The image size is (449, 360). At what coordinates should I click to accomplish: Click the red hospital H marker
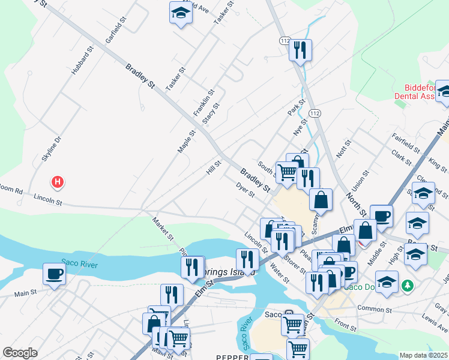[x=58, y=181]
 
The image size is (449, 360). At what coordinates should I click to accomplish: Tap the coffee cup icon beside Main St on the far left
[x=54, y=274]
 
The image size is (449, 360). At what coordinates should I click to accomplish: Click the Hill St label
[x=214, y=167]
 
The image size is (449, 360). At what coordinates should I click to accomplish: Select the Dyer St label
[x=246, y=190]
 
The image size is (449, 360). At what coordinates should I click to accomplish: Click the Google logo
[x=20, y=353]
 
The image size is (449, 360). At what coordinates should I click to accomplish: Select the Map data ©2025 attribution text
[x=423, y=355]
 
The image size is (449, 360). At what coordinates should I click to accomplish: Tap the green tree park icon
[x=408, y=284]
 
